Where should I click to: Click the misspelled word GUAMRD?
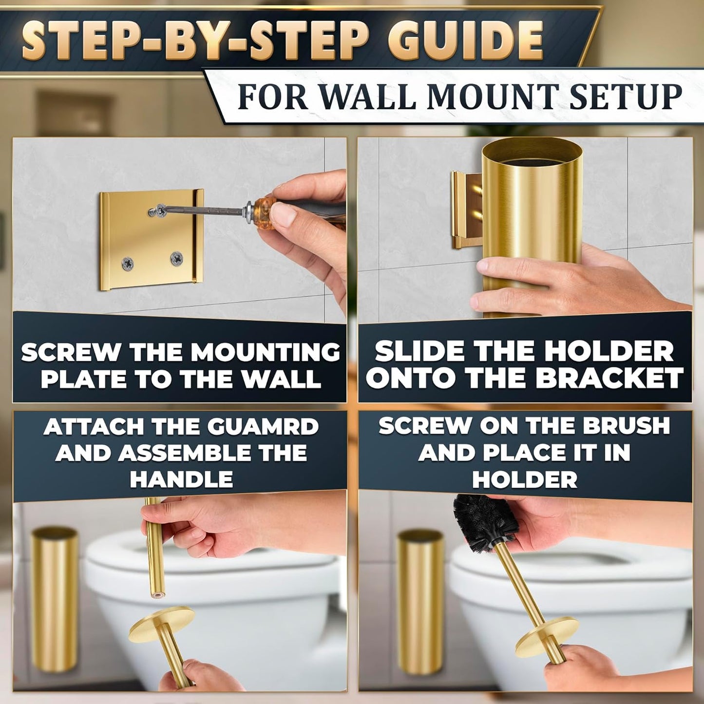pos(263,427)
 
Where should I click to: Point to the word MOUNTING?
pos(266,352)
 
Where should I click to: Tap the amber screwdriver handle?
pos(266,210)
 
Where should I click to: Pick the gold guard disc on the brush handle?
pos(547,637)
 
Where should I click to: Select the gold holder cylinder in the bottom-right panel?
pos(420,602)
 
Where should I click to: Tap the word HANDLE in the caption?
pos(181,479)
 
